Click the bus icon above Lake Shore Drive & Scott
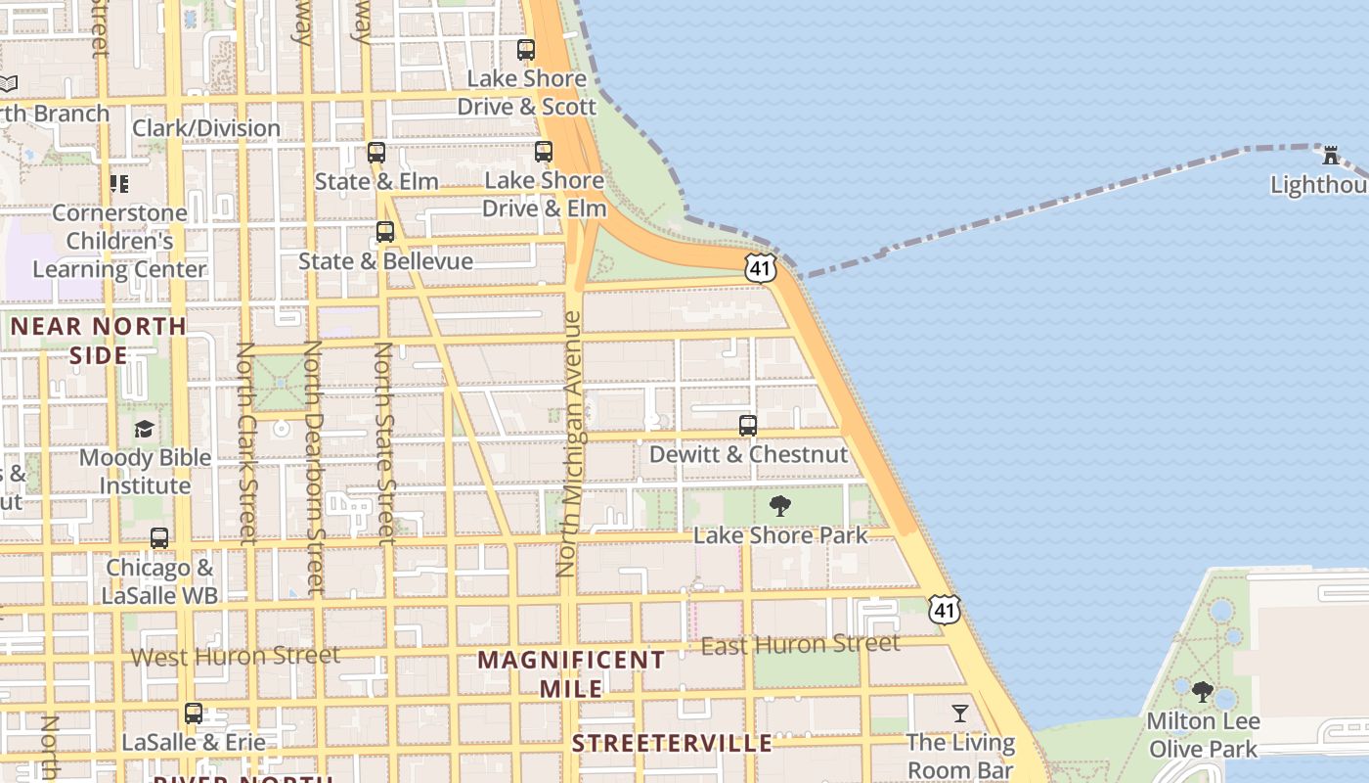click(x=526, y=50)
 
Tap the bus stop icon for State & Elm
click(x=376, y=153)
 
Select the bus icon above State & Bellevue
click(x=385, y=232)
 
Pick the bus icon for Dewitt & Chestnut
click(x=748, y=426)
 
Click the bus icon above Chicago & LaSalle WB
click(x=159, y=538)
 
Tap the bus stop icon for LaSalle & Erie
click(x=194, y=714)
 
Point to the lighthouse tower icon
click(x=1330, y=155)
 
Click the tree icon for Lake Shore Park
click(x=780, y=506)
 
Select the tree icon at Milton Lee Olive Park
click(x=1203, y=692)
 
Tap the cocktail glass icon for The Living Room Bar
click(x=960, y=713)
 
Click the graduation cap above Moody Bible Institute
click(x=145, y=429)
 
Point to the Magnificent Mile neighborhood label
click(x=571, y=673)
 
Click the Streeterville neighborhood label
click(x=672, y=744)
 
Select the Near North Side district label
click(x=98, y=340)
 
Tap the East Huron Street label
click(x=801, y=644)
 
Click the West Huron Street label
click(x=236, y=656)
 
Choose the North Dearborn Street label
click(x=313, y=467)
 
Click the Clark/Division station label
click(x=206, y=128)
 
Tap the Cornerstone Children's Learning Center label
click(x=119, y=241)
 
